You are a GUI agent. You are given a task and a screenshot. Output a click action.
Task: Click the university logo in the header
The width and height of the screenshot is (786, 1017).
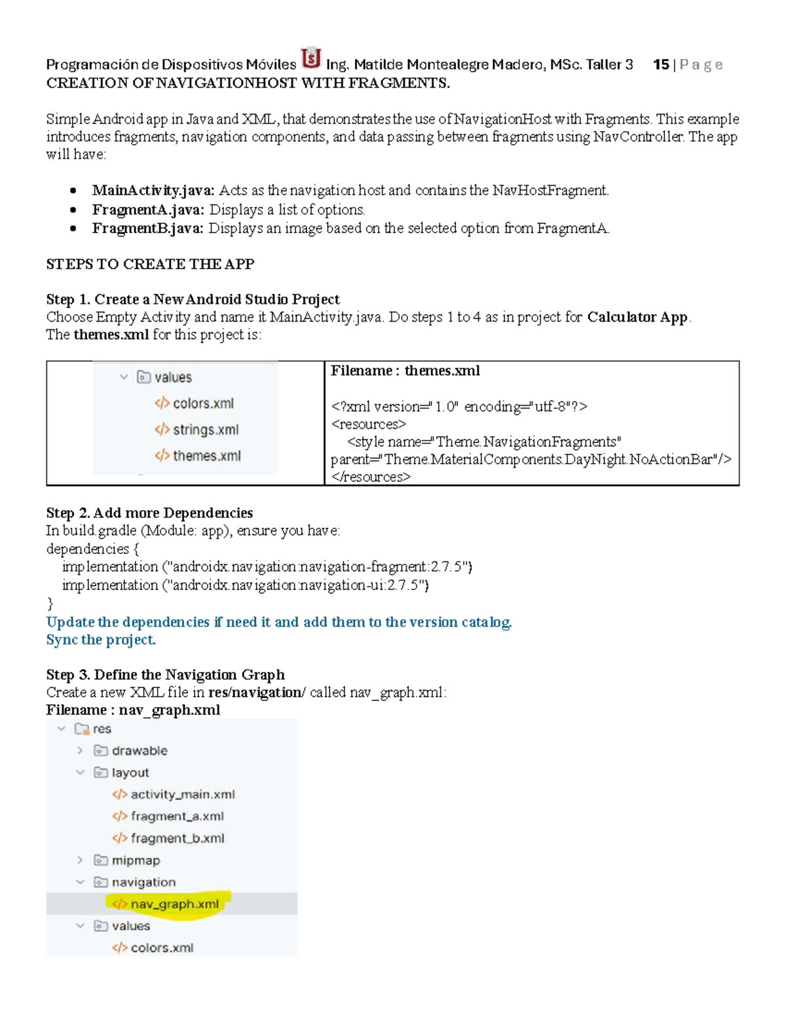point(311,59)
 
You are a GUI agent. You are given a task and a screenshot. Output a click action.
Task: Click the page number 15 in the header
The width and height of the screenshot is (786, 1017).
point(661,65)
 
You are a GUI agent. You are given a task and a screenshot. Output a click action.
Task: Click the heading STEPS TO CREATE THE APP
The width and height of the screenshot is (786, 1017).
point(150,264)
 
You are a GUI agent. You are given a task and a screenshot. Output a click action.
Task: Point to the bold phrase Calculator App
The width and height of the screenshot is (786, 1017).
point(637,317)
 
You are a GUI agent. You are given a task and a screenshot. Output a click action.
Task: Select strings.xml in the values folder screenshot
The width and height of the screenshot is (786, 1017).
point(205,430)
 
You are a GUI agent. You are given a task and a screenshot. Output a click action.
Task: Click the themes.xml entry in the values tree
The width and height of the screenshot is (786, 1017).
point(206,456)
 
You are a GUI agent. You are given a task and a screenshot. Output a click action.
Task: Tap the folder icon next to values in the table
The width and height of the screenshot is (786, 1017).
point(143,377)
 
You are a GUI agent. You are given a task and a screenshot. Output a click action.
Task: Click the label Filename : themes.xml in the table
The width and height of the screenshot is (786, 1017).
point(405,371)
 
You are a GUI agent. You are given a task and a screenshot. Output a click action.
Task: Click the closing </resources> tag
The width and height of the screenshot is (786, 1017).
point(371,477)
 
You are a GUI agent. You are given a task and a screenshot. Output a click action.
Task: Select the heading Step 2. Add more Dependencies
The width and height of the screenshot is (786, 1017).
point(149,513)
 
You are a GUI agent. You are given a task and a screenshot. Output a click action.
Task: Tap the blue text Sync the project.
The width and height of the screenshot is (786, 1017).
point(101,640)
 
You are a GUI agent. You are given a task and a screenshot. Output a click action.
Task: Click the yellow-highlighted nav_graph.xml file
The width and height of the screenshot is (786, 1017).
point(174,904)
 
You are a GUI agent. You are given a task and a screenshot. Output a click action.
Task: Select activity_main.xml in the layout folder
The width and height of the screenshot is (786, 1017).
point(182,794)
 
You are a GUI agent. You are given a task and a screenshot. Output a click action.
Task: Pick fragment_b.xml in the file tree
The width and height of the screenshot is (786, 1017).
point(177,838)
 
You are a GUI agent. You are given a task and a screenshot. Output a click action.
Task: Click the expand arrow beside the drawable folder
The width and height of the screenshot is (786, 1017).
point(80,750)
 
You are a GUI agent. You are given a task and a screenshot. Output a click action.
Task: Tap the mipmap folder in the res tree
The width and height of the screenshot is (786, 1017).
point(135,860)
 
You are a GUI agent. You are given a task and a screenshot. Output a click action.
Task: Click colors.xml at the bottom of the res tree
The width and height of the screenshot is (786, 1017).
point(161,948)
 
